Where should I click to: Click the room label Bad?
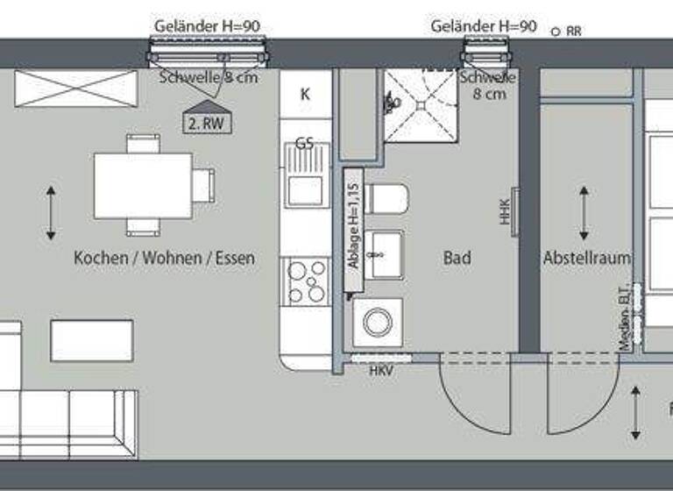(457, 258)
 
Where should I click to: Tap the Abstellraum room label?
(587, 258)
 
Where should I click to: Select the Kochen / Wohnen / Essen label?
(165, 258)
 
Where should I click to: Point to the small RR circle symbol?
(556, 32)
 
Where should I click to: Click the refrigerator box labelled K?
(305, 95)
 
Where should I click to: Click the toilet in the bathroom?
(386, 199)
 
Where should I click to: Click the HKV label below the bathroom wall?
(380, 371)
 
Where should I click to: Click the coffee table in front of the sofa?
(92, 340)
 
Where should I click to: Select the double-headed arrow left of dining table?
(52, 212)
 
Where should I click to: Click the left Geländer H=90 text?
(207, 26)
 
